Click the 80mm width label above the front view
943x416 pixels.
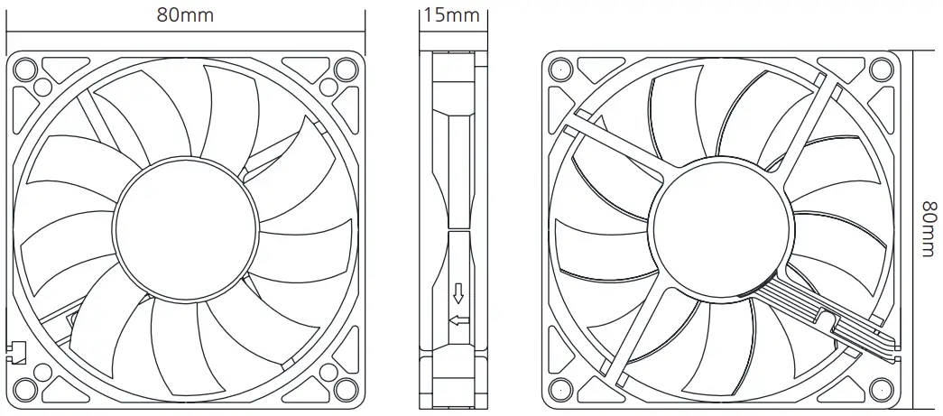point(186,15)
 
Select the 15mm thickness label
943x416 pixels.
point(450,15)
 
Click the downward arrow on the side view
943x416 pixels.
point(458,293)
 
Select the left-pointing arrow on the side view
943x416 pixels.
point(458,320)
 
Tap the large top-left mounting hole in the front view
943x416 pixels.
point(26,69)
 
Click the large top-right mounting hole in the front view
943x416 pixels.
point(345,69)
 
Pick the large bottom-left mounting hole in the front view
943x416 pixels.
point(26,389)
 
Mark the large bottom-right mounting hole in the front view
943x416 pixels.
point(345,389)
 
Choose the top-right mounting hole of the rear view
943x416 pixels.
point(881,69)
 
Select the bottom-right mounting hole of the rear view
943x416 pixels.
point(881,389)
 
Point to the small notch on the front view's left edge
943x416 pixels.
point(16,352)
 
